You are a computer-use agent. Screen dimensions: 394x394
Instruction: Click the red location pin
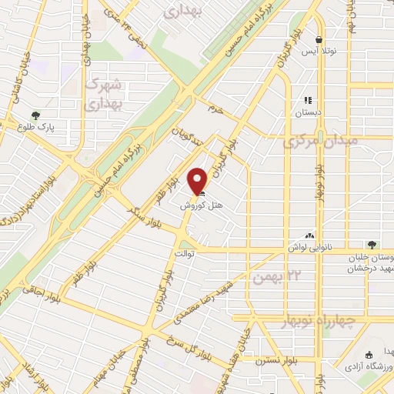[199, 181]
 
